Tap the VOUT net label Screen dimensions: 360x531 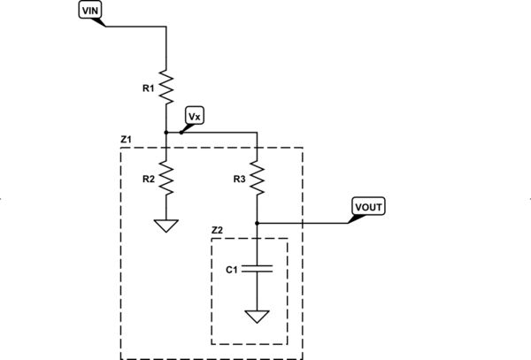coord(368,207)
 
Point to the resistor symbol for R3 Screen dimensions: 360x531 coord(257,178)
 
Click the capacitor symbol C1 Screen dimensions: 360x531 coord(257,269)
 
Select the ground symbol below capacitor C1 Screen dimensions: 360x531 coord(257,316)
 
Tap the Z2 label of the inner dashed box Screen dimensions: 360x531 coord(217,230)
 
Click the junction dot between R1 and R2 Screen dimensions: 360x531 coord(166,133)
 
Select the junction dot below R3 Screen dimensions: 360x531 coord(257,222)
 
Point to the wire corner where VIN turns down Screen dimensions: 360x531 coord(166,27)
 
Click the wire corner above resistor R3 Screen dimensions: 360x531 coord(257,133)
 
